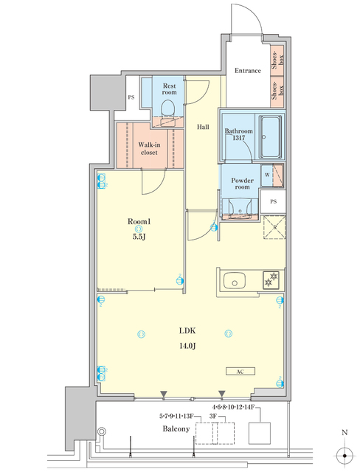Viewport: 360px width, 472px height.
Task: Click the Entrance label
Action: [248, 71]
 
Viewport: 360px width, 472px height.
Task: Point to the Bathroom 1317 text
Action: [239, 134]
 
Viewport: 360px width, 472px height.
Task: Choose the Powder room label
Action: [242, 184]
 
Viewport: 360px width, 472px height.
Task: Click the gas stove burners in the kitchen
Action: [269, 279]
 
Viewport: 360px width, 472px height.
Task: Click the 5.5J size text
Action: [139, 237]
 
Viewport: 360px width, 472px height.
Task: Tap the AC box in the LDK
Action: [241, 372]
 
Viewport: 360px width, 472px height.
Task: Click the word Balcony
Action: [177, 428]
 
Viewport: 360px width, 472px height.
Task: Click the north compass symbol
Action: [343, 453]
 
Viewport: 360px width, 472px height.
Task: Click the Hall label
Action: [202, 127]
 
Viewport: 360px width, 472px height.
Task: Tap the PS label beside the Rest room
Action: [131, 97]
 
